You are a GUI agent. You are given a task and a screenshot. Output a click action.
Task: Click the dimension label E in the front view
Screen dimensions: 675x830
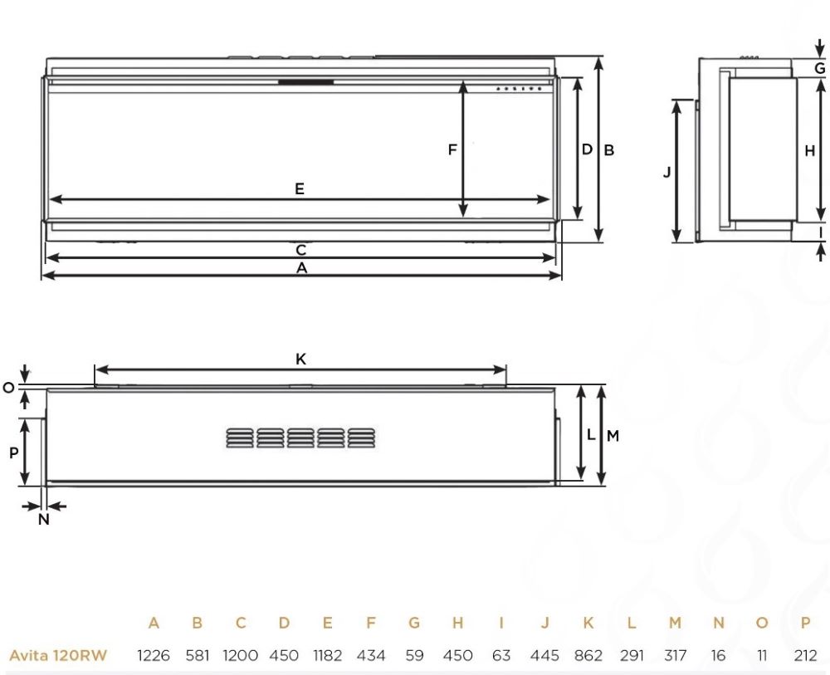click(x=300, y=188)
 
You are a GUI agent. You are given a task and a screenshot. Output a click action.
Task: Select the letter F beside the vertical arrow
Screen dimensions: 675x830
click(x=452, y=149)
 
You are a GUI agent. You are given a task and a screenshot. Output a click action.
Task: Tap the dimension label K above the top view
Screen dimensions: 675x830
click(x=301, y=359)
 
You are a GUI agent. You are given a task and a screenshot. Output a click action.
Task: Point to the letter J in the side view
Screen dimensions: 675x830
click(x=666, y=172)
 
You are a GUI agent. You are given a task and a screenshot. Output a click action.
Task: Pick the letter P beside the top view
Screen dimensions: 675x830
click(x=13, y=452)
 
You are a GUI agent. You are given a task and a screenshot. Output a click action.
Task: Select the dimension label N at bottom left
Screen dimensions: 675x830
click(x=44, y=520)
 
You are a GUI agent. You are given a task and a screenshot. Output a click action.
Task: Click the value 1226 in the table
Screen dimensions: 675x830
click(x=154, y=655)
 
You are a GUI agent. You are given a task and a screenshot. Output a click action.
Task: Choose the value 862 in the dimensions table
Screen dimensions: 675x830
click(x=588, y=655)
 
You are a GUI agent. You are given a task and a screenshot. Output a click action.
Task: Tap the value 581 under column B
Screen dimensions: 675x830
click(x=197, y=655)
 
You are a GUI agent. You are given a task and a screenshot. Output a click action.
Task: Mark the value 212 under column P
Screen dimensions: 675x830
click(x=805, y=655)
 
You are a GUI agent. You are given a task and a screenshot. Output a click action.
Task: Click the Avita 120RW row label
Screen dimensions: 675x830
click(x=58, y=655)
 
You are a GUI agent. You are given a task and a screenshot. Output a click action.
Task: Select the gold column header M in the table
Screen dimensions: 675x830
click(x=676, y=623)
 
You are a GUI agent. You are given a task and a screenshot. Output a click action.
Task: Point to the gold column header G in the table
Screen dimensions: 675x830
click(x=414, y=623)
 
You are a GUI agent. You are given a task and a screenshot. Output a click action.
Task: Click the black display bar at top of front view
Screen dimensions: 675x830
click(x=306, y=82)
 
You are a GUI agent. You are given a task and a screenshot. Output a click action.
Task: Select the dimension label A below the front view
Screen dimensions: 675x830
click(x=301, y=268)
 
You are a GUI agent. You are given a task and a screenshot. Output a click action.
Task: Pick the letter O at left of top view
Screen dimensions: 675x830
click(x=8, y=388)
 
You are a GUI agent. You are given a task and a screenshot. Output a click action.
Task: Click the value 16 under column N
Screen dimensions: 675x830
click(x=719, y=655)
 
